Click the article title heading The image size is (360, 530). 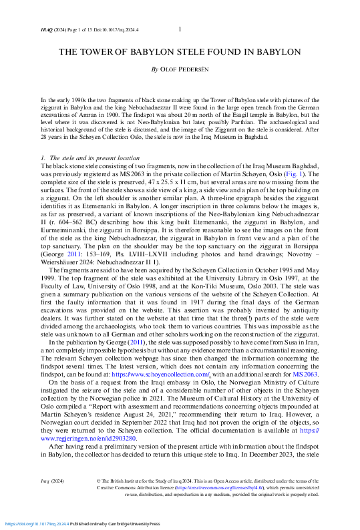(x=180, y=51)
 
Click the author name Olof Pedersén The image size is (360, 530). (x=180, y=69)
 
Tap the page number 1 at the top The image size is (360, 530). (x=180, y=29)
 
